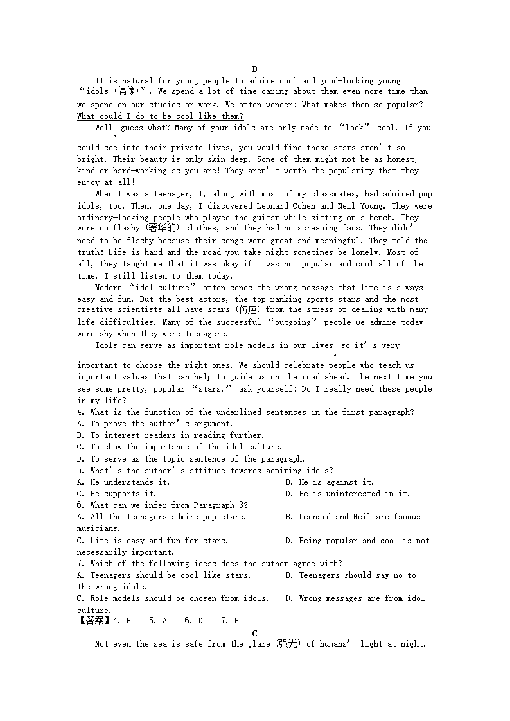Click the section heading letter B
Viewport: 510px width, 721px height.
point(254,69)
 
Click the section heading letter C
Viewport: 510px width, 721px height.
point(254,633)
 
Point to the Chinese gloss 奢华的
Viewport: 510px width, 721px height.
point(164,228)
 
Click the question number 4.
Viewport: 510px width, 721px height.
point(80,412)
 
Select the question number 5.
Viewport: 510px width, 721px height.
point(80,471)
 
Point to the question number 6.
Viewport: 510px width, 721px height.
point(80,505)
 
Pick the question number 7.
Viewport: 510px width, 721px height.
point(80,564)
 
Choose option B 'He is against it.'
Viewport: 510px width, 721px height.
point(330,482)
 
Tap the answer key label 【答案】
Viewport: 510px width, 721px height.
point(94,621)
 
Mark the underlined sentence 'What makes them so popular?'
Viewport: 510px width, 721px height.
point(363,105)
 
